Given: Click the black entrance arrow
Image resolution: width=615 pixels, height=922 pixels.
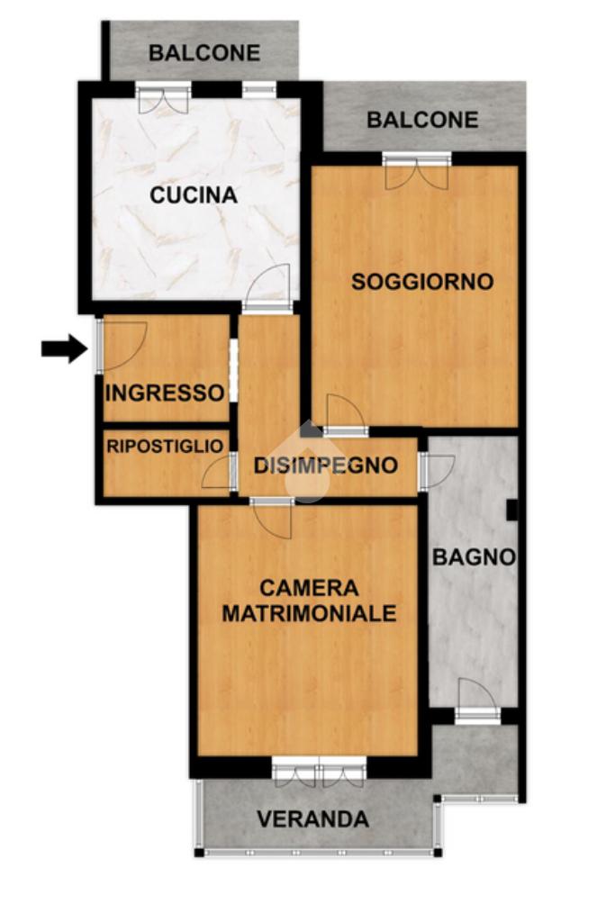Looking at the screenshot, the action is click(x=65, y=348).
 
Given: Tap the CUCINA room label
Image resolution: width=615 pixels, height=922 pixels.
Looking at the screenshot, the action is click(x=194, y=194).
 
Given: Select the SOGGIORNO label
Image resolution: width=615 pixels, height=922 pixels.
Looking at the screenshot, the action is click(x=422, y=282).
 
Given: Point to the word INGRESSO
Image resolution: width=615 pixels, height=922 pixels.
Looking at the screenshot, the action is click(x=165, y=393).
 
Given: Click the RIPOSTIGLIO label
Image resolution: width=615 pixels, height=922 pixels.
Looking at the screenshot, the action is click(x=165, y=447).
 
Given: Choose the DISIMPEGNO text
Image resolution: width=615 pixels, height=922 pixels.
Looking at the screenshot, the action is click(x=326, y=466).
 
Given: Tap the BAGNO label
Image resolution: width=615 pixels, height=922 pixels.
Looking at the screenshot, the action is click(x=474, y=556).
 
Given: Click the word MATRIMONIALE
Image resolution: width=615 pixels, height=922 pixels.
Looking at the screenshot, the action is click(x=309, y=613).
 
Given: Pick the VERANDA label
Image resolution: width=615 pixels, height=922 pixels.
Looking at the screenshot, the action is click(x=312, y=819).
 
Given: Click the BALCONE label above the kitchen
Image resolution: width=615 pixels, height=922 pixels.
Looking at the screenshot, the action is click(x=204, y=53).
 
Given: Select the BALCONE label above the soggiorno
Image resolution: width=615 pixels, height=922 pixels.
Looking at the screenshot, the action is click(x=422, y=120).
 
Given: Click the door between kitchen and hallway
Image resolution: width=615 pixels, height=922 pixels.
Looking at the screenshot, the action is click(x=267, y=288).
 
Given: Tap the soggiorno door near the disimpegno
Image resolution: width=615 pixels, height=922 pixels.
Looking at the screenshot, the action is click(x=346, y=415).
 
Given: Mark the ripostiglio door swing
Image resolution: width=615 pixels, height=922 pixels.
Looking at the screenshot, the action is click(x=218, y=472).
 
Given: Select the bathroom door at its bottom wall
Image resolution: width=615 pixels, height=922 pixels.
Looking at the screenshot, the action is click(x=477, y=700).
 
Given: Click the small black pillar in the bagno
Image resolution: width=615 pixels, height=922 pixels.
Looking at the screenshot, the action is click(x=512, y=510).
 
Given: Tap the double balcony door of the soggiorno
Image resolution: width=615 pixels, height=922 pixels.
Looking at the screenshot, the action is click(x=417, y=171).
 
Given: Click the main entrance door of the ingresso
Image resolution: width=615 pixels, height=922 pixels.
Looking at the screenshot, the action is click(x=122, y=347).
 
